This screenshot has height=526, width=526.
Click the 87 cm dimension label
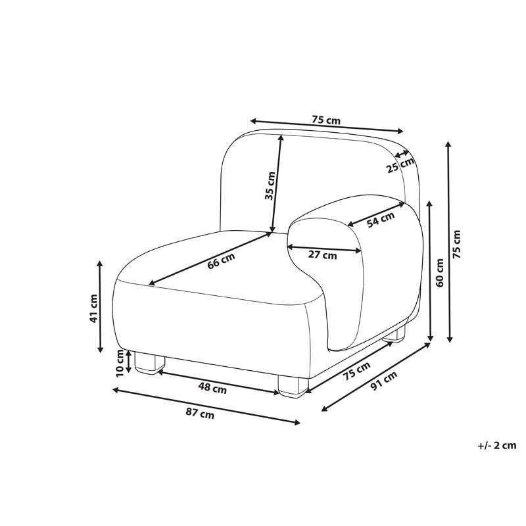(200, 414)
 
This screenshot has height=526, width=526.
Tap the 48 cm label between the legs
(212, 389)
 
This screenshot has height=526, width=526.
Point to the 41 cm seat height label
(93, 308)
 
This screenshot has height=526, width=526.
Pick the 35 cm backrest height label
(270, 186)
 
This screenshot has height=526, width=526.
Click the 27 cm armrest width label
(322, 255)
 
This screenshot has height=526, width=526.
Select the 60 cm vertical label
(439, 272)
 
